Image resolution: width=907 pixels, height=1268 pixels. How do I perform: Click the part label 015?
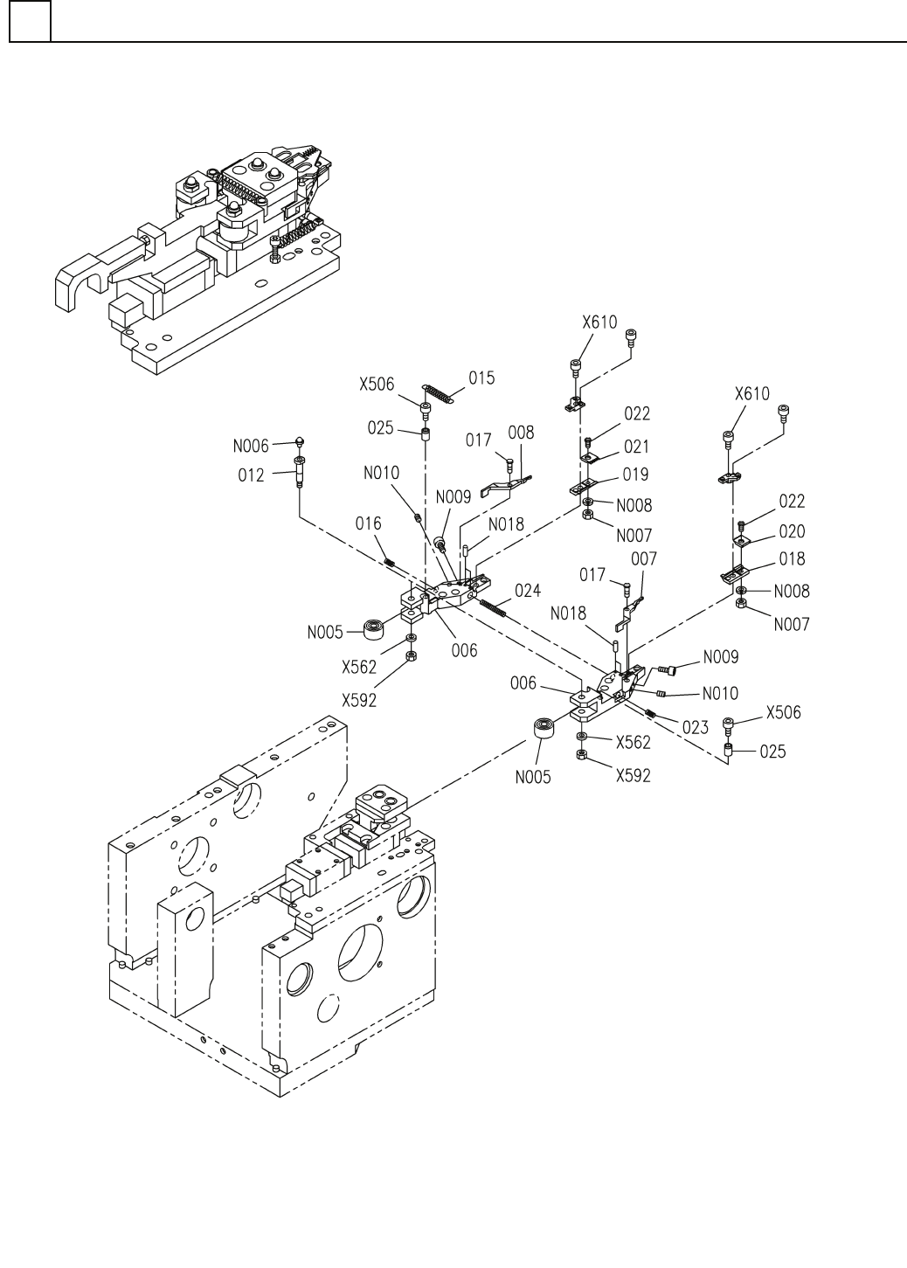pyautogui.click(x=481, y=378)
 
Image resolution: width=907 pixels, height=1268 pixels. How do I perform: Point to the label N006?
pyautogui.click(x=251, y=446)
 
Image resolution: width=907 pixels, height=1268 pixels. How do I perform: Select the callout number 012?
pyautogui.click(x=251, y=475)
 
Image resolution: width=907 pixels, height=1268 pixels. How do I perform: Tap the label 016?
pyautogui.click(x=368, y=523)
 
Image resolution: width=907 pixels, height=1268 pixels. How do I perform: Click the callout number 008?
pyautogui.click(x=521, y=433)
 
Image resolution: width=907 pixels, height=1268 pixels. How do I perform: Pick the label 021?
pyautogui.click(x=636, y=447)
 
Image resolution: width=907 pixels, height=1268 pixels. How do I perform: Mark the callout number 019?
pyautogui.click(x=636, y=475)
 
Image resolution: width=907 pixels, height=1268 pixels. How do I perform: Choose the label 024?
pyautogui.click(x=528, y=591)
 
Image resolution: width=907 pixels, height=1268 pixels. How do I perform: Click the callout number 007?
pyautogui.click(x=644, y=559)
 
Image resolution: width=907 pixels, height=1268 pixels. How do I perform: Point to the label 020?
pyautogui.click(x=792, y=531)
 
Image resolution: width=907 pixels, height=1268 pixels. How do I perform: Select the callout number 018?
pyautogui.click(x=792, y=559)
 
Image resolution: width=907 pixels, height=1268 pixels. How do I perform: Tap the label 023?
pyautogui.click(x=696, y=727)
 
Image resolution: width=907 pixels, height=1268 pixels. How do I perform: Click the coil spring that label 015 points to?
pyautogui.click(x=439, y=393)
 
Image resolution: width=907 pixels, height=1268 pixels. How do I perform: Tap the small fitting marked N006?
pyautogui.click(x=300, y=442)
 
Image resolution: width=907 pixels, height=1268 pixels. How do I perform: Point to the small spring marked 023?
pyautogui.click(x=650, y=714)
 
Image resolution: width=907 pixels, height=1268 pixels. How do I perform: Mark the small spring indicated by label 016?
pyautogui.click(x=390, y=562)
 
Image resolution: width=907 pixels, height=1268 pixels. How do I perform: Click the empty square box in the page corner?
pyautogui.click(x=30, y=22)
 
